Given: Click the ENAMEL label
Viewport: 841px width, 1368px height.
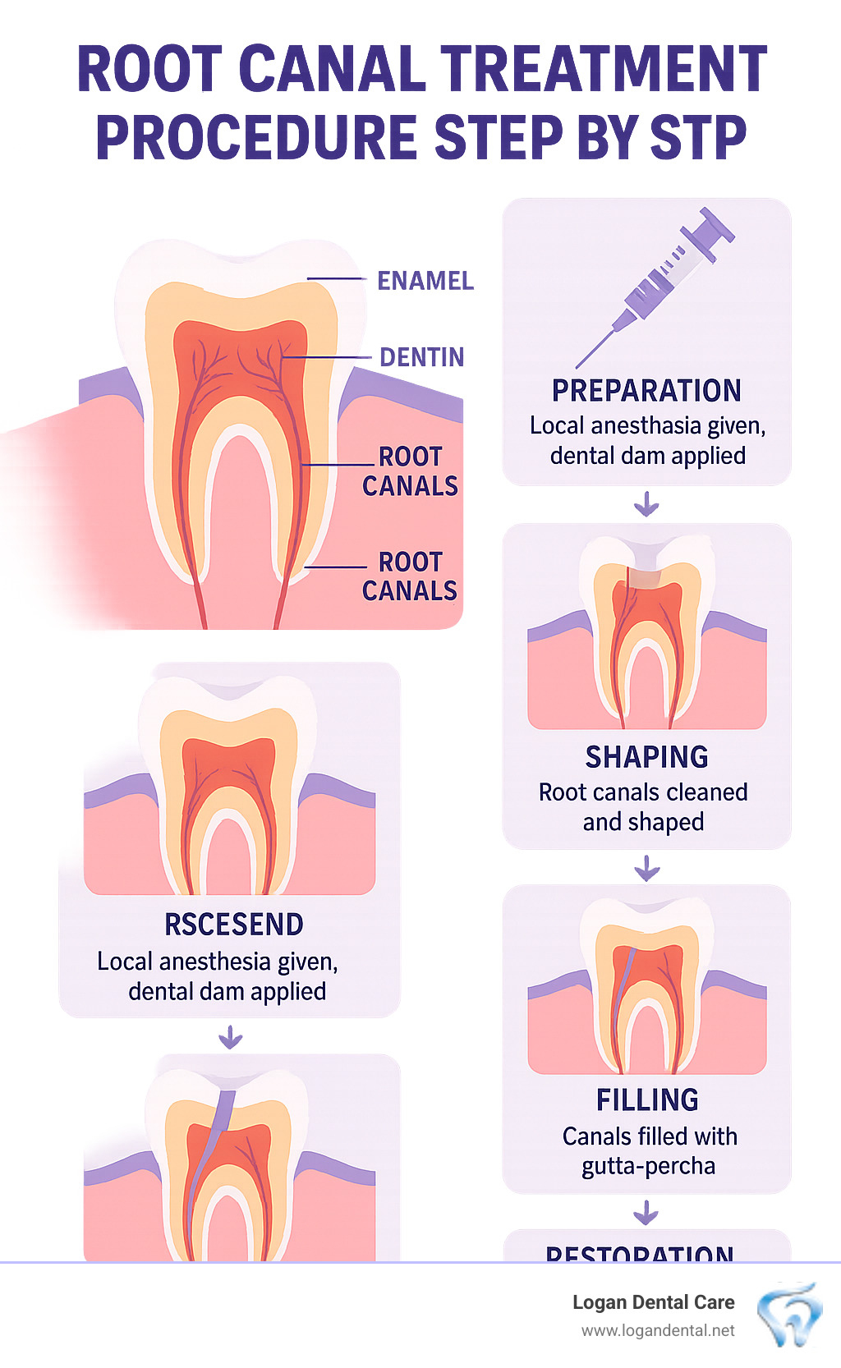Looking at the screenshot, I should pos(425,281).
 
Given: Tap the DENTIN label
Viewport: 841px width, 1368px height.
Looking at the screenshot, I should pos(421,357).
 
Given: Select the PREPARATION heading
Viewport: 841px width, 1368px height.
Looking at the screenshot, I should pos(646,391).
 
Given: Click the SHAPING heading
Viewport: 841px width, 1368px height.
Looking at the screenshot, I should pos(646,756).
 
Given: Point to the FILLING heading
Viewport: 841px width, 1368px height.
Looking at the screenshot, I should pos(647,1099).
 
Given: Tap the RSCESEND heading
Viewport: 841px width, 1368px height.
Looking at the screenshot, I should pos(234,925).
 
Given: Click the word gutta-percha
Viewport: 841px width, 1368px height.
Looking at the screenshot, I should pos(648,1166).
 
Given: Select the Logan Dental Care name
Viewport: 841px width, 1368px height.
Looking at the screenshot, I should pos(653,1302).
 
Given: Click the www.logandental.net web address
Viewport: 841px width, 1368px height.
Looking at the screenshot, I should pos(658,1330).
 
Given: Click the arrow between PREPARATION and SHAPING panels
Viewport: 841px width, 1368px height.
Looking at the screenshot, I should pos(647,503).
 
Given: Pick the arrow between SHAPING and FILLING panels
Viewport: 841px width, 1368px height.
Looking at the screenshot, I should pos(647,867).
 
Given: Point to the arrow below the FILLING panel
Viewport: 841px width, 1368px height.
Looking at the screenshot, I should pos(646,1212).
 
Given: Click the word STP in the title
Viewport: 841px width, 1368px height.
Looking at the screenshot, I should pos(698,137).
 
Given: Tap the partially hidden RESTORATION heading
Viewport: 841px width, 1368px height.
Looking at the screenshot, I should pos(640,1253).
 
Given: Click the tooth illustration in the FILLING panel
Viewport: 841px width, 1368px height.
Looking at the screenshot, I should pos(647,985).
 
